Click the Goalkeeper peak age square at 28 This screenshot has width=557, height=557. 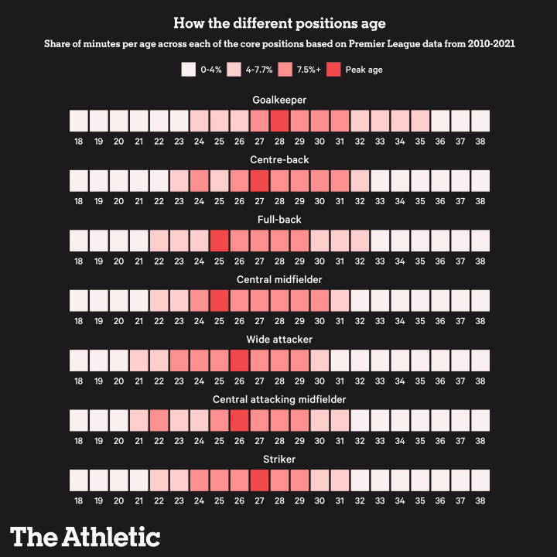pyautogui.click(x=279, y=121)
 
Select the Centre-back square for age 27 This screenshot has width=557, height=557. pyautogui.click(x=259, y=180)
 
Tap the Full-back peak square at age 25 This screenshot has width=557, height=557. pyautogui.click(x=219, y=240)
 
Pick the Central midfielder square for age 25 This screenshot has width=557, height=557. pyautogui.click(x=219, y=300)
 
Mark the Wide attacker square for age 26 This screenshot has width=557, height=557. pyautogui.click(x=239, y=360)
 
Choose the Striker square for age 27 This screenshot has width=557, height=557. pyautogui.click(x=259, y=480)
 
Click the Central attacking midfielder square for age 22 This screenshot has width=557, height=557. pyautogui.click(x=159, y=420)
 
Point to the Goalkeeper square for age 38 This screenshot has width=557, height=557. pyautogui.click(x=480, y=121)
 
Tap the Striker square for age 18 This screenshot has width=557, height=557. pyautogui.click(x=78, y=480)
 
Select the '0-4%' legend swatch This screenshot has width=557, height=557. pyautogui.click(x=188, y=70)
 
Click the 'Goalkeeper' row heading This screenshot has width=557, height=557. pyautogui.click(x=278, y=100)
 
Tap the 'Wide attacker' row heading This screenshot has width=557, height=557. pyautogui.click(x=278, y=340)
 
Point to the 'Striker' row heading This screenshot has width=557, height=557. pyautogui.click(x=278, y=460)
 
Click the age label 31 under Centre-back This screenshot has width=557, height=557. pyautogui.click(x=340, y=200)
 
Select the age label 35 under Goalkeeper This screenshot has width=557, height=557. pyautogui.click(x=420, y=141)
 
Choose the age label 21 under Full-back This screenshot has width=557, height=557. pyautogui.click(x=138, y=261)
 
